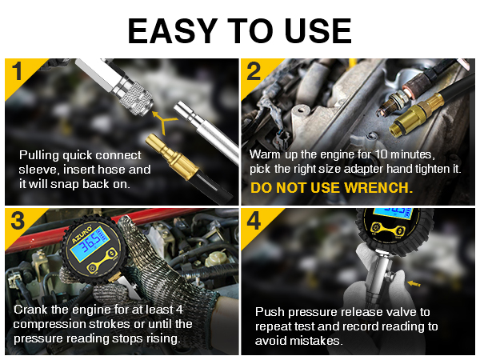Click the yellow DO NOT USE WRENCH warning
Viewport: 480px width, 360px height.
(x=331, y=189)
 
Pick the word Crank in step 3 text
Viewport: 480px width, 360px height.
(x=32, y=309)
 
